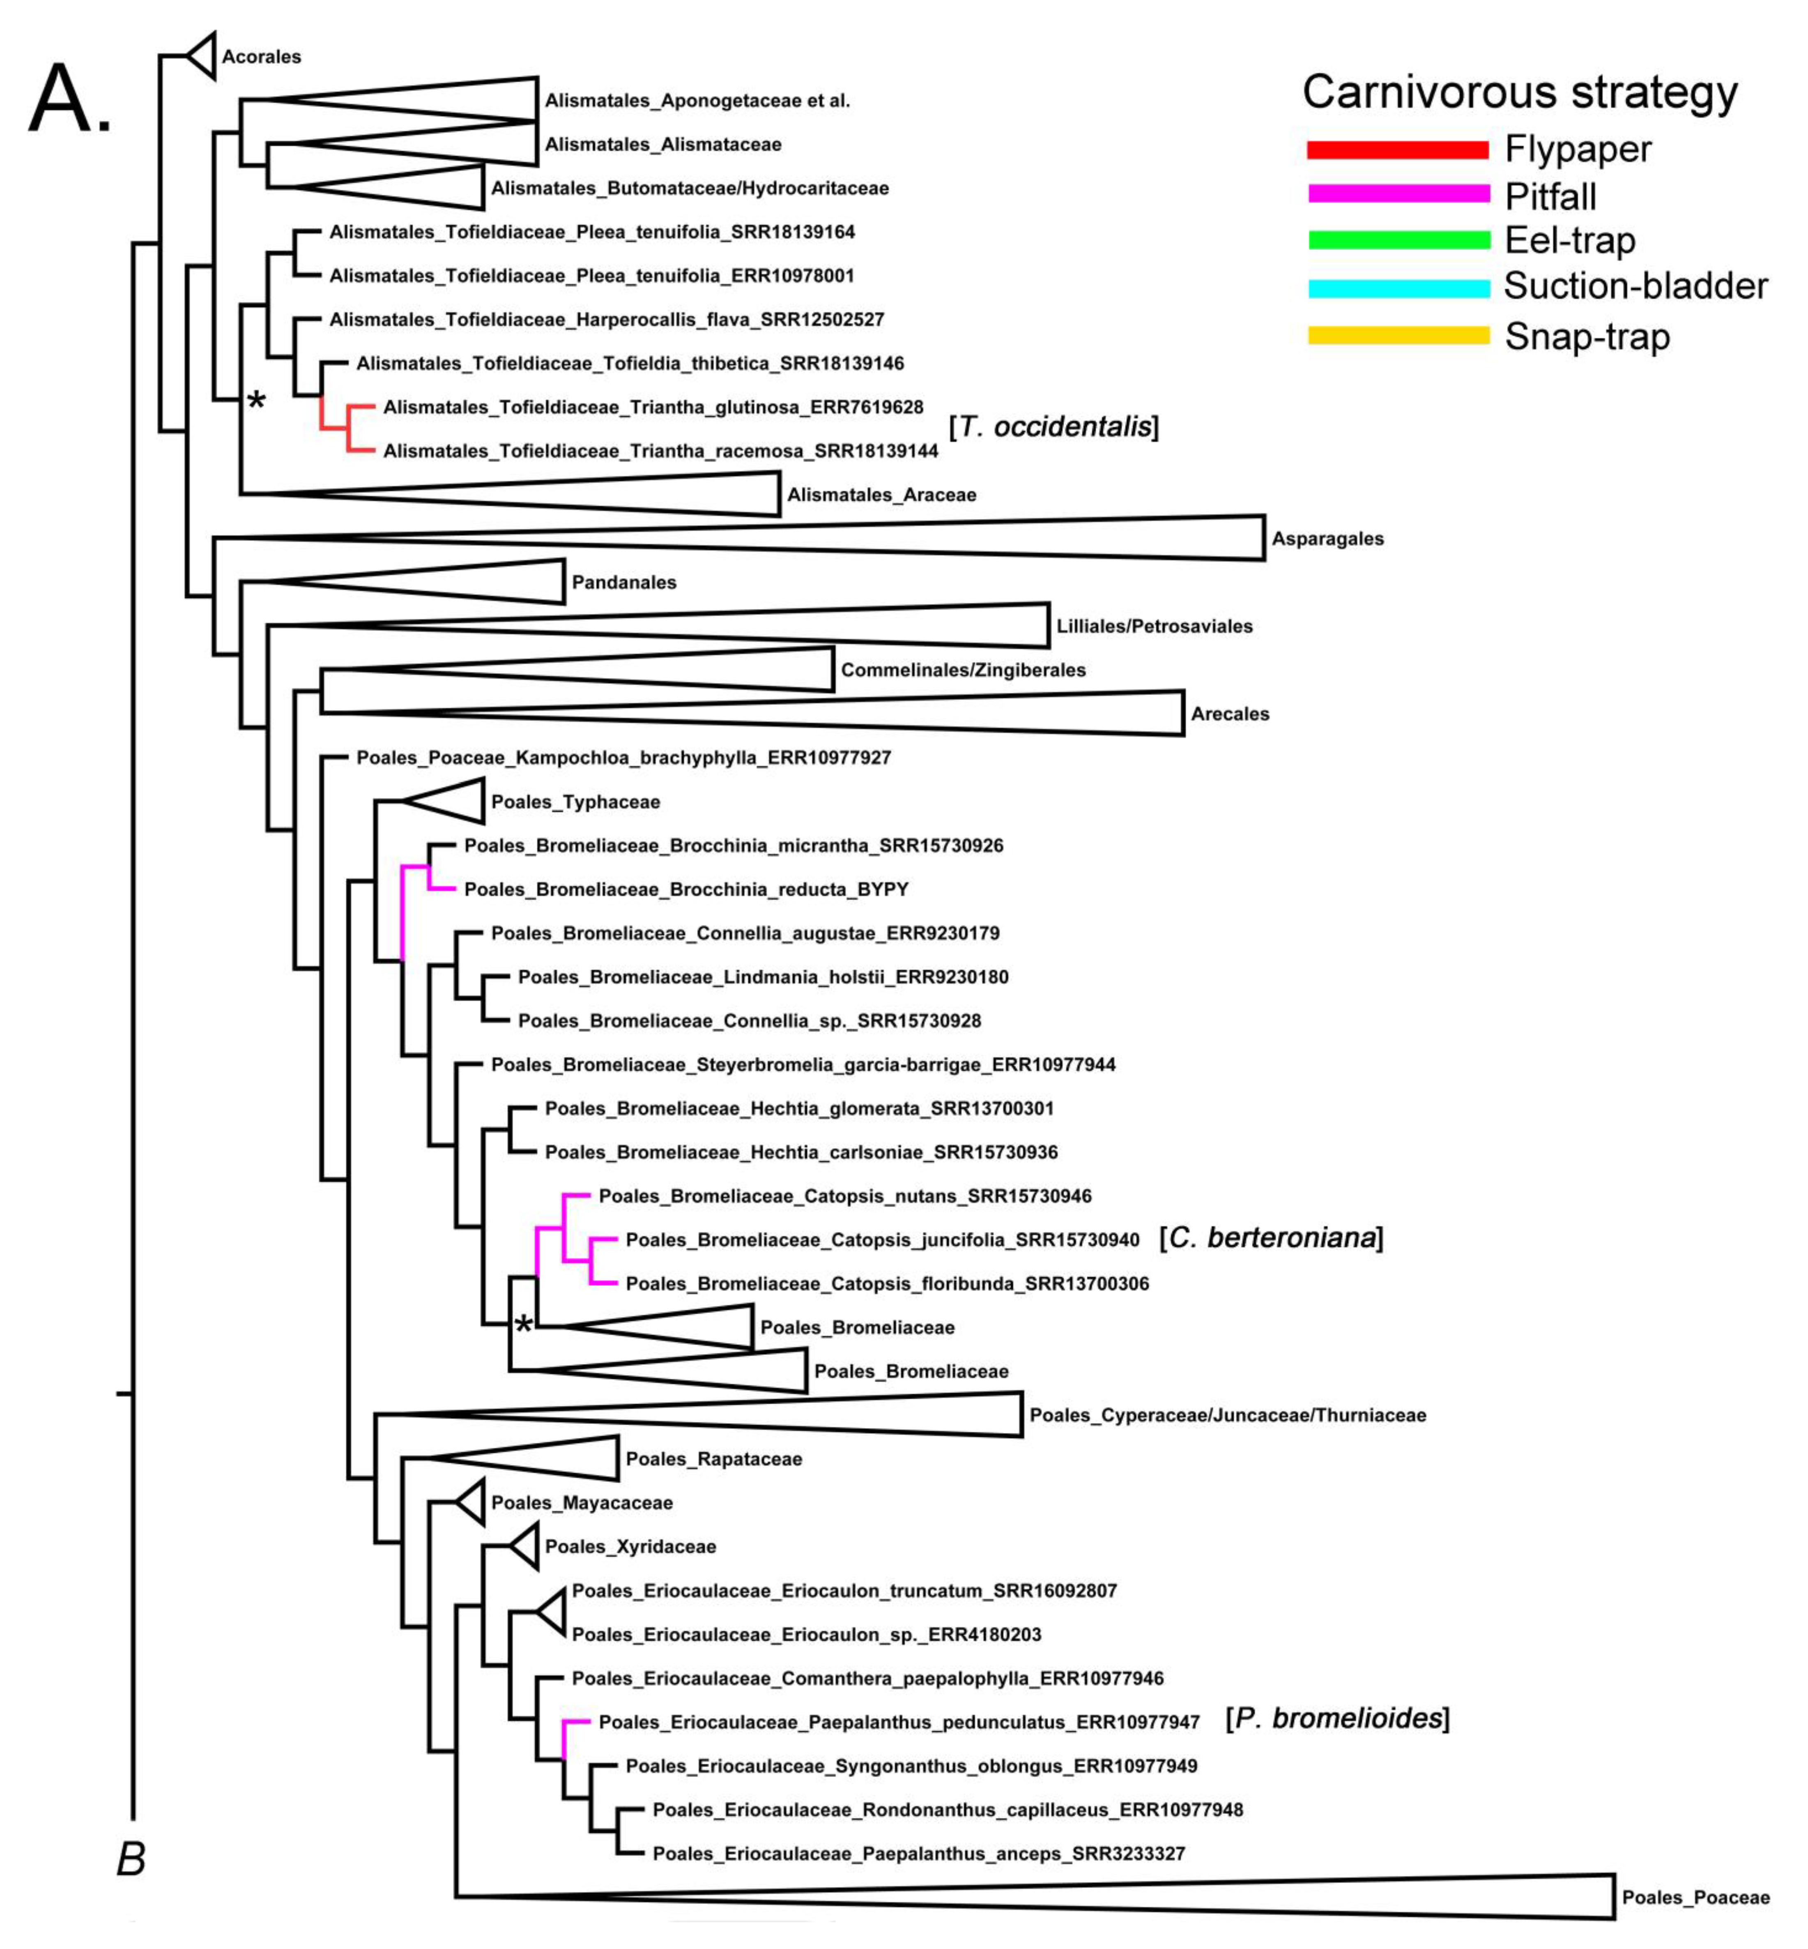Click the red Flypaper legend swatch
[1397, 150]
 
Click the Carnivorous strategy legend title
[1519, 93]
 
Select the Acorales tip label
[261, 57]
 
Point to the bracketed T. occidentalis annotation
[1054, 428]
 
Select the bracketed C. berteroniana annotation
[1271, 1239]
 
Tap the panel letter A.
[69, 100]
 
